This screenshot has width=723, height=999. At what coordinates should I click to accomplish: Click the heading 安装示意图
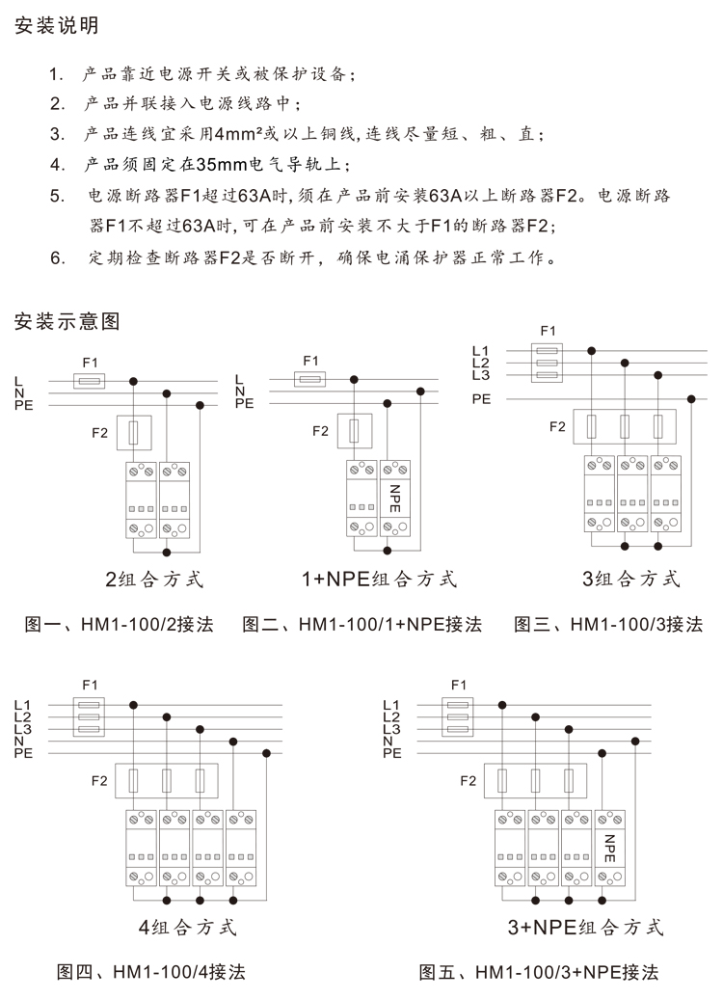pyautogui.click(x=67, y=321)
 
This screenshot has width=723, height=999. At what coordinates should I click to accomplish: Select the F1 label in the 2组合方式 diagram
pyautogui.click(x=92, y=361)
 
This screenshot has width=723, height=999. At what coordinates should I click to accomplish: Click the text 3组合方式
pyautogui.click(x=631, y=580)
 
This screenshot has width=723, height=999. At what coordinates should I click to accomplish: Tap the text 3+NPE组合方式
pyautogui.click(x=585, y=928)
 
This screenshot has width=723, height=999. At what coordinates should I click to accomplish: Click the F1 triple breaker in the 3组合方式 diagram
pyautogui.click(x=547, y=364)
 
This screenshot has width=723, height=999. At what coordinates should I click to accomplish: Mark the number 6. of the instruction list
pyautogui.click(x=58, y=258)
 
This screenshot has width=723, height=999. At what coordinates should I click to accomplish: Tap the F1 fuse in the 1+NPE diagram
pyautogui.click(x=309, y=380)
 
